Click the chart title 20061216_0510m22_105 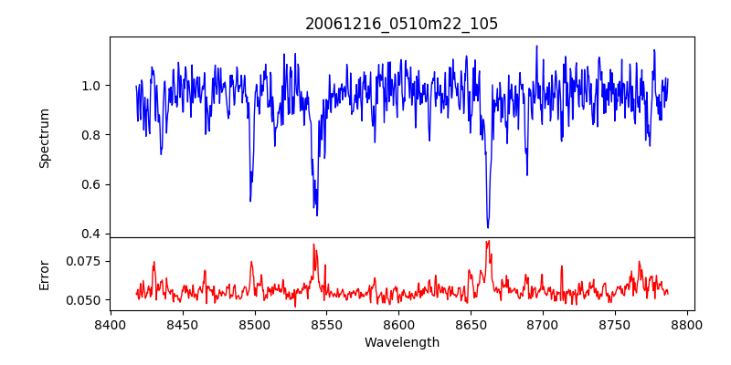tap(402, 24)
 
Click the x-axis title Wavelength tap(402, 342)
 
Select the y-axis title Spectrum tap(45, 138)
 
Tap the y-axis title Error tap(45, 274)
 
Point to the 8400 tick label tap(111, 324)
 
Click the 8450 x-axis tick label tap(183, 324)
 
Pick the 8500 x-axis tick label tap(255, 324)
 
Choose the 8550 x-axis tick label tap(327, 324)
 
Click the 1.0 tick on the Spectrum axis tap(91, 86)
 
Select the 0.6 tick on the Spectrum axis tap(91, 184)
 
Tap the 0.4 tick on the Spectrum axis tap(91, 234)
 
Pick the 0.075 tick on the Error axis tap(85, 261)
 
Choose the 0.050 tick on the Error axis tap(85, 299)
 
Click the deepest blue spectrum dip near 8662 tap(488, 227)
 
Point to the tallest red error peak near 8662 tap(489, 241)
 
